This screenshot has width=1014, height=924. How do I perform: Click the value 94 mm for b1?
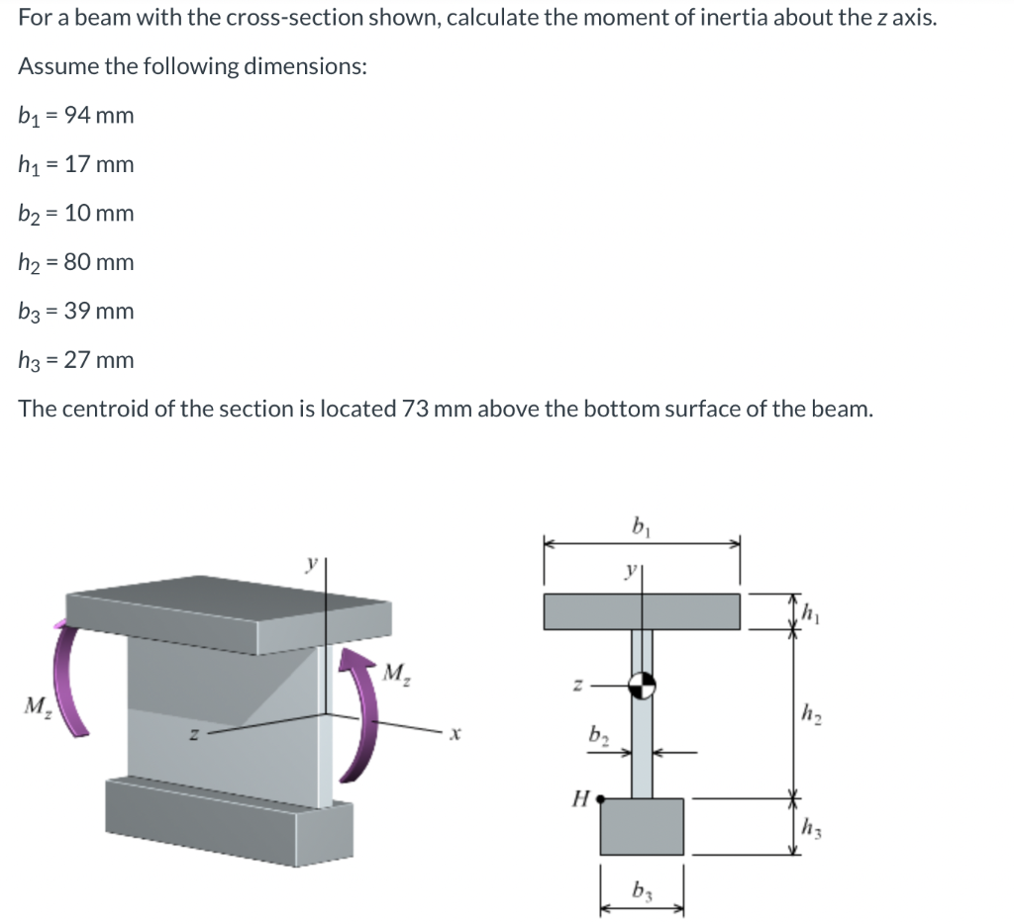click(x=98, y=116)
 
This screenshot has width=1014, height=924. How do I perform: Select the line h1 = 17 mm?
click(x=75, y=164)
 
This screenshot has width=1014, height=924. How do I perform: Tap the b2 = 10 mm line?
click(x=75, y=214)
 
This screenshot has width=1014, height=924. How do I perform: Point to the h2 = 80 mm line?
click(x=75, y=262)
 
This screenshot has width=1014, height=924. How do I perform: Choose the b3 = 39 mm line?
click(x=75, y=312)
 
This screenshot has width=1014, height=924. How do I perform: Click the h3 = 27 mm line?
click(x=75, y=360)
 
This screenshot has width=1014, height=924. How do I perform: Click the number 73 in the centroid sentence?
click(x=417, y=410)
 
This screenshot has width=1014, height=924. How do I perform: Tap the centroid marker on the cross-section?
click(x=642, y=683)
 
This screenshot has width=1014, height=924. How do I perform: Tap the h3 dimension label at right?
click(x=809, y=829)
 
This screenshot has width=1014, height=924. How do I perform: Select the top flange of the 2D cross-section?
click(x=642, y=611)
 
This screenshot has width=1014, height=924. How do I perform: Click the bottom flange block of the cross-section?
click(x=642, y=826)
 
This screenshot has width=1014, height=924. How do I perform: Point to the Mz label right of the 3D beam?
click(x=395, y=678)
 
